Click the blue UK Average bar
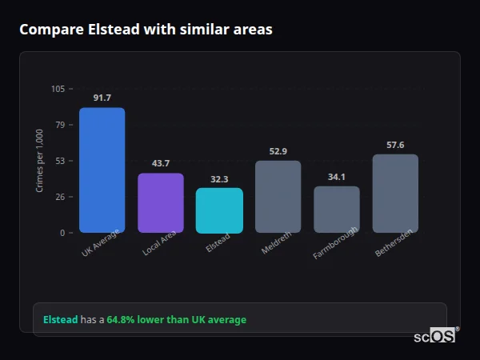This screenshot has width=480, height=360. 102,170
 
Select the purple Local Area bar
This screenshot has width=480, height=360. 160,202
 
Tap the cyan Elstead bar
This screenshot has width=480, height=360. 219,210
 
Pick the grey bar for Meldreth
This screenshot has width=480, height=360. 278,197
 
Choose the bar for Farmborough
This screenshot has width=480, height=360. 336,210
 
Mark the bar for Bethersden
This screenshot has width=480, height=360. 395,194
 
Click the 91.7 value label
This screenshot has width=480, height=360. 102,98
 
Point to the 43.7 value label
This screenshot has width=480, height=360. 160,163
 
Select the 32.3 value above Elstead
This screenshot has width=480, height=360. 219,179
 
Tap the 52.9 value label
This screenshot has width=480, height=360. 278,151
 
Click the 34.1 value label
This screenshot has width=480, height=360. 336,177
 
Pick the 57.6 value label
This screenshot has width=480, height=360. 395,145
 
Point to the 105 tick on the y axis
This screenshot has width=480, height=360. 58,89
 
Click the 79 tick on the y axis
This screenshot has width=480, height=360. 60,125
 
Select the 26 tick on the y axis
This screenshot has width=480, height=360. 60,197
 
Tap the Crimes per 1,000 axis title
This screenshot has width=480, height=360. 40,161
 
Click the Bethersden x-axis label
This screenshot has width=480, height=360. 394,245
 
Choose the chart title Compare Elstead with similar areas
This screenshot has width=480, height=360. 146,30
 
